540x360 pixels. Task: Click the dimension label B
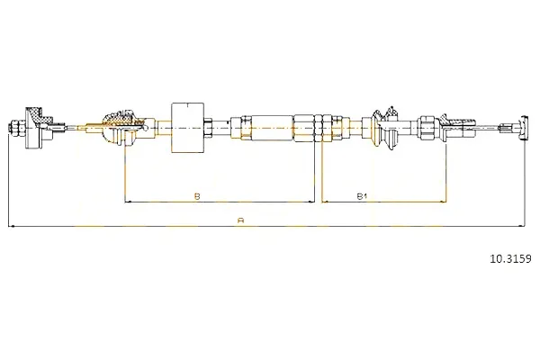point(197,196)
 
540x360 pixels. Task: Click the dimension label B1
point(362,196)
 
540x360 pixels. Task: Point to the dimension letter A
point(241,220)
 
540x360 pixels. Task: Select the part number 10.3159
point(511,258)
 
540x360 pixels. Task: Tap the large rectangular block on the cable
point(188,128)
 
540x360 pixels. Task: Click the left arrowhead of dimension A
point(11,226)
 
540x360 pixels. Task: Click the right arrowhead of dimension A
point(521,226)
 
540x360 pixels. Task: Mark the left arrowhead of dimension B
point(128,202)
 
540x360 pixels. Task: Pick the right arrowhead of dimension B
point(311,202)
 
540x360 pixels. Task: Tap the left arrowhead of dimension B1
point(325,202)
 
